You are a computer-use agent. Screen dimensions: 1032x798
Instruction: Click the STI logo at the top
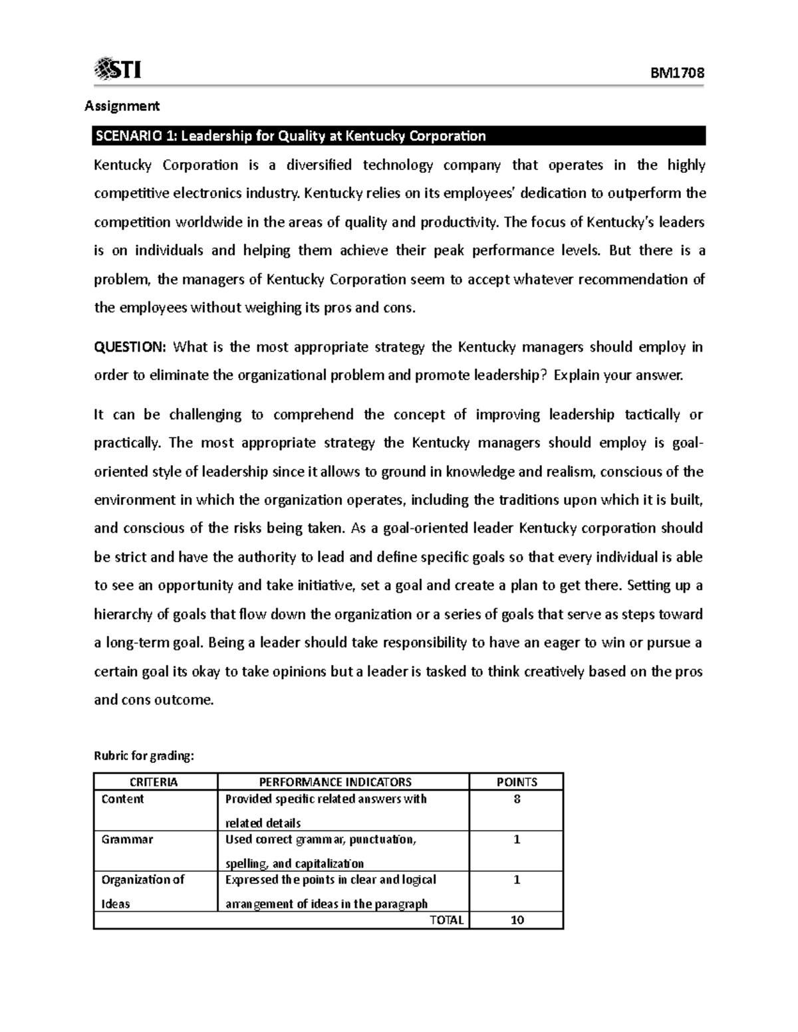click(x=118, y=68)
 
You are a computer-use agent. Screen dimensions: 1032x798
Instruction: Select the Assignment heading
click(x=121, y=106)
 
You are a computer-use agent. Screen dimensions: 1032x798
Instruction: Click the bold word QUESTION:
click(x=130, y=347)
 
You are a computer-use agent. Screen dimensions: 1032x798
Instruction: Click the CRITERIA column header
click(x=156, y=782)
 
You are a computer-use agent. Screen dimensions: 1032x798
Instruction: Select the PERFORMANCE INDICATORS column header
click(x=343, y=782)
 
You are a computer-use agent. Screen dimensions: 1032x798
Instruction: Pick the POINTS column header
click(x=517, y=782)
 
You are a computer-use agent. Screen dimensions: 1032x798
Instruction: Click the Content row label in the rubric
click(x=122, y=799)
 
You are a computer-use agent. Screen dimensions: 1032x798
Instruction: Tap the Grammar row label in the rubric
click(x=127, y=839)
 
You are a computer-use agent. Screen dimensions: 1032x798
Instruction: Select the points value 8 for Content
click(x=517, y=799)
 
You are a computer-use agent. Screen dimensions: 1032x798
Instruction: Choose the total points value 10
click(x=517, y=920)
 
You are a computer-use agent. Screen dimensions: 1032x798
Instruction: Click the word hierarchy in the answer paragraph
click(x=123, y=614)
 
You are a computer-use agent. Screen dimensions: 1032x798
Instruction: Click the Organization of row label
click(x=142, y=880)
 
